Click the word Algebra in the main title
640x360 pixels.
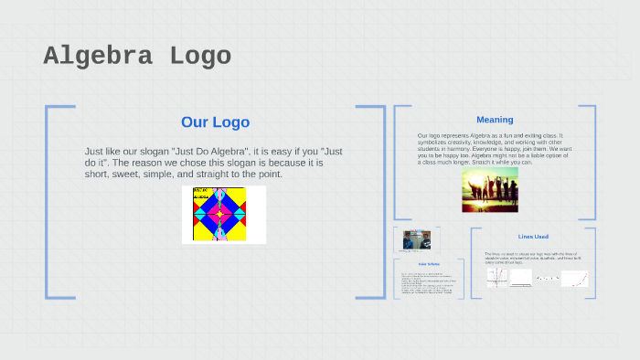pyautogui.click(x=99, y=57)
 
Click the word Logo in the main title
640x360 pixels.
pyautogui.click(x=200, y=57)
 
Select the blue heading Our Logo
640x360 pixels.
pyautogui.click(x=215, y=122)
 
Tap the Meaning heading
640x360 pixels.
pyautogui.click(x=495, y=120)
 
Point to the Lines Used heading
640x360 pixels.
pyautogui.click(x=533, y=237)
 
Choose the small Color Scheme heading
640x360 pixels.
pyautogui.click(x=429, y=264)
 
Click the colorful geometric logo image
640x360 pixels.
pyautogui.click(x=223, y=215)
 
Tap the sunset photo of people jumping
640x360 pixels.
pyautogui.click(x=489, y=189)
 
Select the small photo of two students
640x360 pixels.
pyautogui.click(x=417, y=239)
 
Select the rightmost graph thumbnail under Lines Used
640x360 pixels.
pyautogui.click(x=575, y=279)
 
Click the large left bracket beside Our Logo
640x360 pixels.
pyautogui.click(x=48, y=201)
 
